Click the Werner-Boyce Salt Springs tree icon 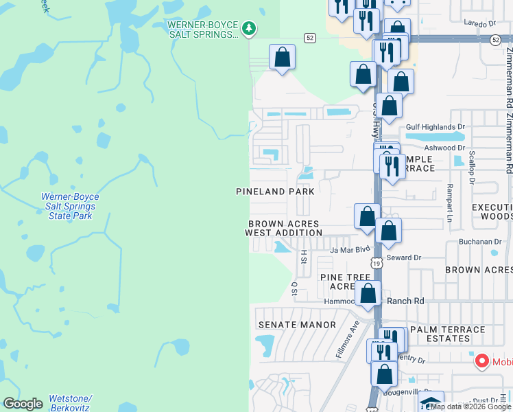coord(250,28)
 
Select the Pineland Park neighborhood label coord(275,192)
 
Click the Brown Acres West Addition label coord(284,229)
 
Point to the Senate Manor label coord(297,325)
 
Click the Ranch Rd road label coord(406,301)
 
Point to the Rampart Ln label coord(450,203)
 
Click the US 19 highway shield coord(376,263)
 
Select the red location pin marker coord(481,360)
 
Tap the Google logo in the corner coord(23,404)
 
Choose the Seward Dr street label coord(403,257)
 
